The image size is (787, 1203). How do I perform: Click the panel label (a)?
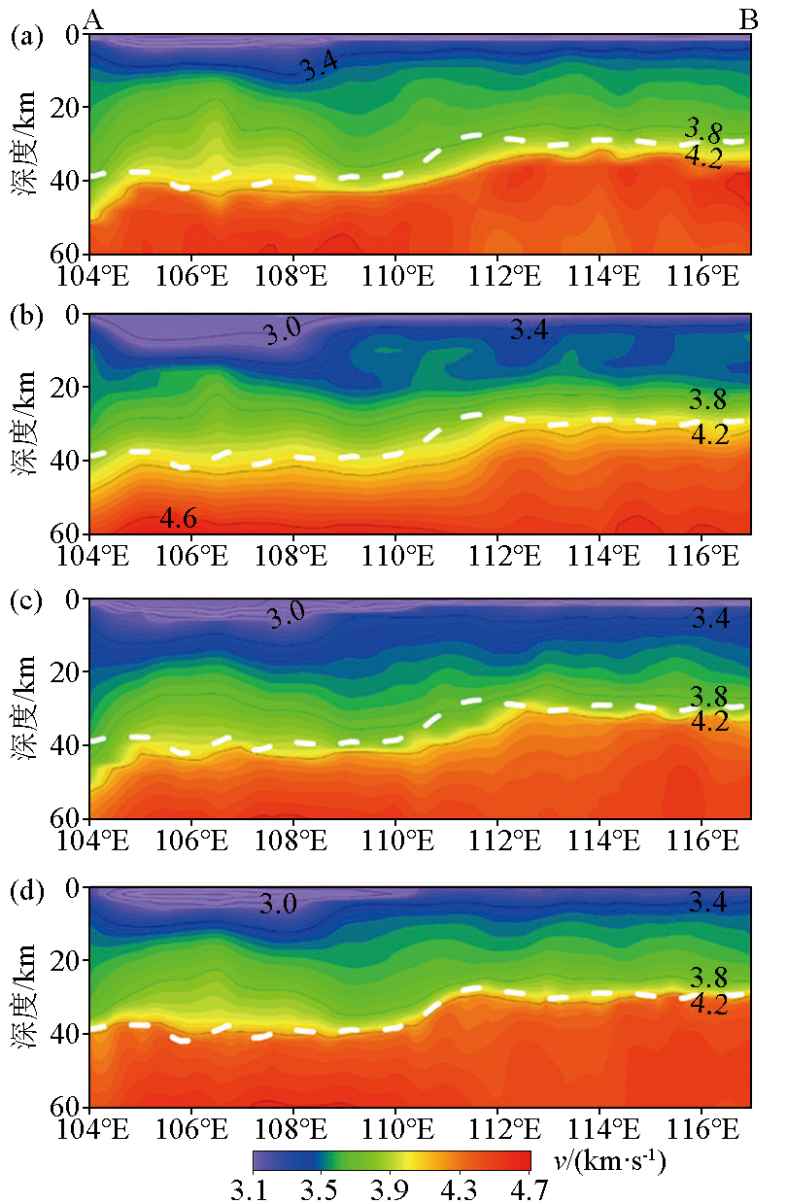[x=26, y=37]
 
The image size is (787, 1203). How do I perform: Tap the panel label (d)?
[x=26, y=890]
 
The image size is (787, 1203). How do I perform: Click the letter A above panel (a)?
[x=94, y=18]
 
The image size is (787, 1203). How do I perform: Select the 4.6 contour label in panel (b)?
[x=179, y=520]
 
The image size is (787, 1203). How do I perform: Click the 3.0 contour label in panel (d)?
[x=278, y=906]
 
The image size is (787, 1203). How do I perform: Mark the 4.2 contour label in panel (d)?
[x=709, y=1005]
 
